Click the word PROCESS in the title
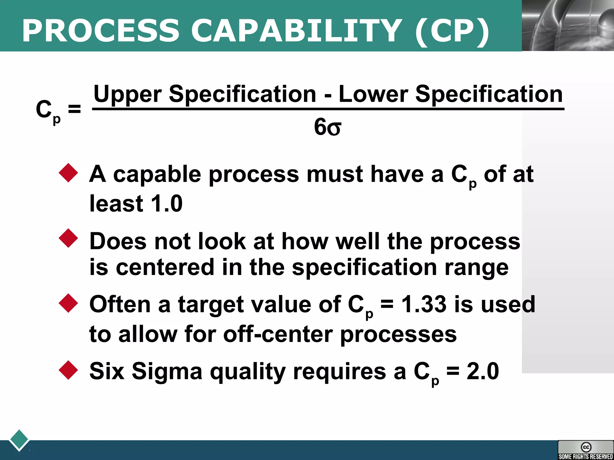pyautogui.click(x=101, y=31)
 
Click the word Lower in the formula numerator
pyautogui.click(x=373, y=94)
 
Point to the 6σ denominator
pyautogui.click(x=327, y=127)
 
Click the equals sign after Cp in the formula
pyautogui.click(x=74, y=109)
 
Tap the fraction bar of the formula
pyautogui.click(x=328, y=109)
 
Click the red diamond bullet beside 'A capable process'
pyautogui.click(x=68, y=173)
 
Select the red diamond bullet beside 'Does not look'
pyautogui.click(x=68, y=238)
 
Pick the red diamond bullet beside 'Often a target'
pyautogui.click(x=68, y=303)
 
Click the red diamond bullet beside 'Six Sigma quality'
pyautogui.click(x=68, y=370)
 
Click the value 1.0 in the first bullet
pyautogui.click(x=167, y=204)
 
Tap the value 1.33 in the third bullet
pyautogui.click(x=424, y=304)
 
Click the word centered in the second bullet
pyautogui.click(x=165, y=267)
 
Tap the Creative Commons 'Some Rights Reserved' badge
pyautogui.click(x=586, y=450)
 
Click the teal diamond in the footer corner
pyautogui.click(x=19, y=440)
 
